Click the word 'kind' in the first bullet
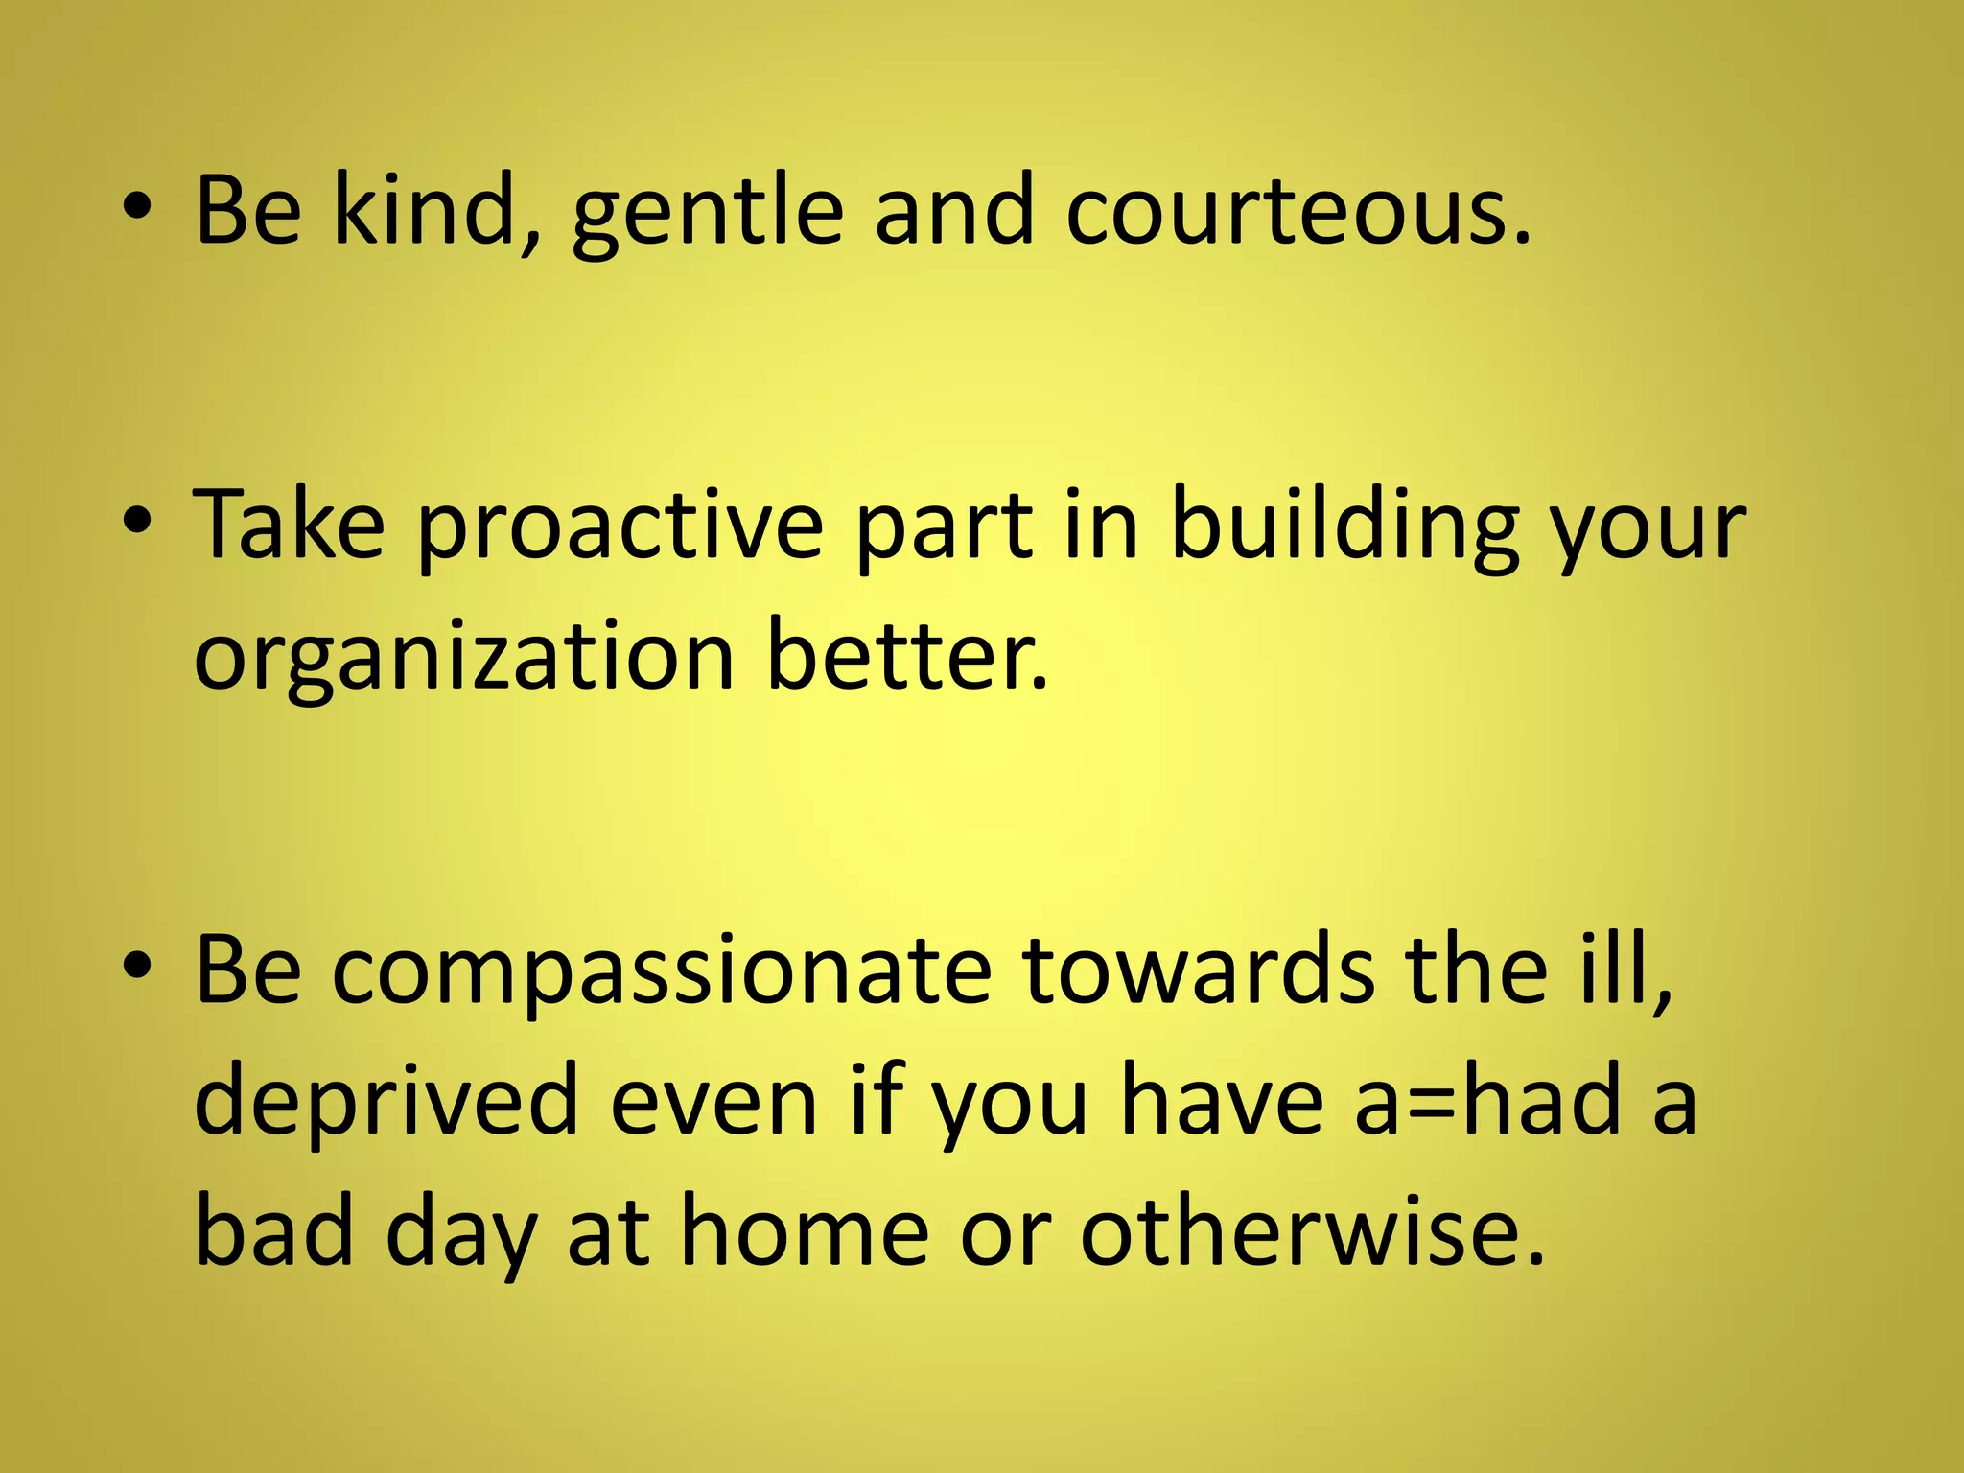click(436, 209)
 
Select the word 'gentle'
click(708, 213)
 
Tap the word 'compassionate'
click(662, 972)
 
